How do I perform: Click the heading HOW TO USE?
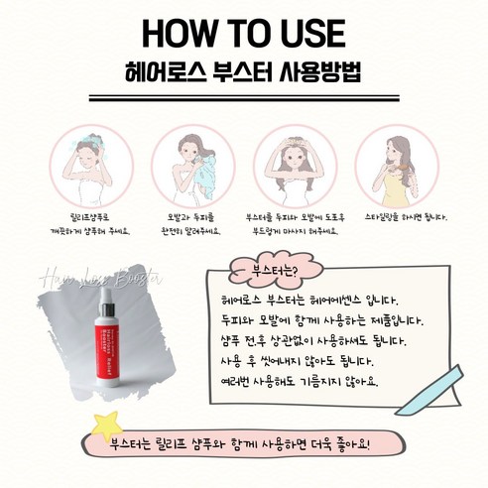pos(243,32)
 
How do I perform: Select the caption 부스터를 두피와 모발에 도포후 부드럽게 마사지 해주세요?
pos(292,223)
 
